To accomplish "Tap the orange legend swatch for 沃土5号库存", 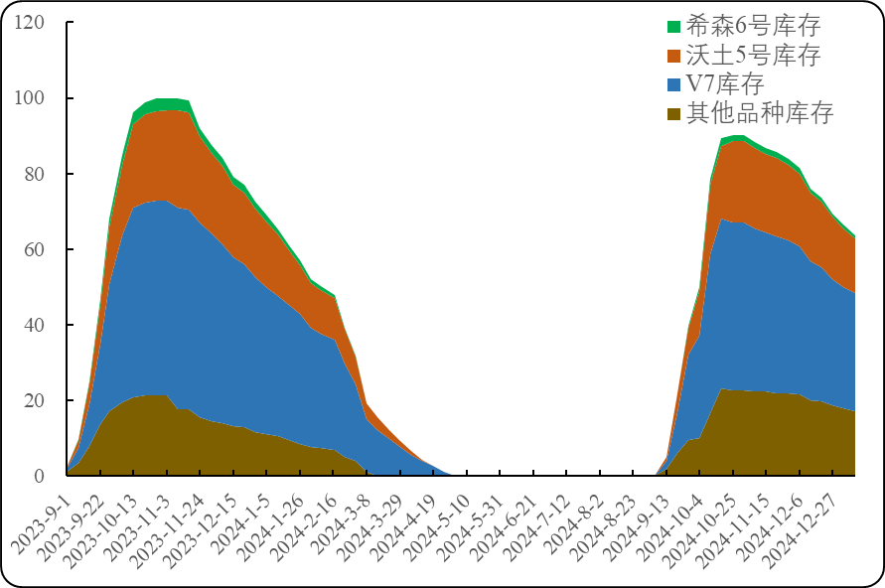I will pyautogui.click(x=674, y=56).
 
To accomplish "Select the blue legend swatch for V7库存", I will pyautogui.click(x=674, y=84).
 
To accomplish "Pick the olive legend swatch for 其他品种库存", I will pyautogui.click(x=674, y=113).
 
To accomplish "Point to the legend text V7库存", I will pyautogui.click(x=725, y=84).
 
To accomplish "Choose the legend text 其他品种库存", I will pyautogui.click(x=760, y=113).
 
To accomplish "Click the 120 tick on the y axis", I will pyautogui.click(x=31, y=22).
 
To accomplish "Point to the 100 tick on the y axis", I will pyautogui.click(x=31, y=97).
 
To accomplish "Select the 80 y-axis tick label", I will pyautogui.click(x=36, y=173).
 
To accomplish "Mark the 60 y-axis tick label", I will pyautogui.click(x=36, y=248).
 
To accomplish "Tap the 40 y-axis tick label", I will pyautogui.click(x=36, y=325).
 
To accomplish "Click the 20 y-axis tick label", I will pyautogui.click(x=36, y=400).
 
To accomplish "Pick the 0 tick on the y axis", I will pyautogui.click(x=41, y=476).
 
